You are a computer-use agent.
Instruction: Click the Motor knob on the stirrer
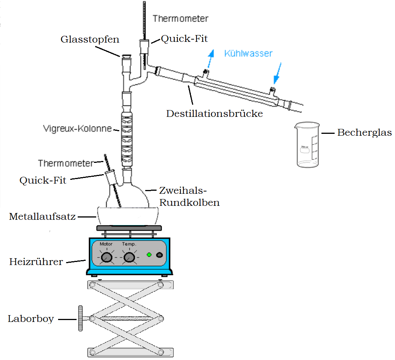(107, 257)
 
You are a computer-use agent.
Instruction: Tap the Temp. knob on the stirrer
(129, 257)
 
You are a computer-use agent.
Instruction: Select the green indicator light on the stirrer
(149, 255)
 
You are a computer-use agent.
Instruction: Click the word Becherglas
(364, 133)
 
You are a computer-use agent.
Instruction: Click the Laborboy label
(31, 319)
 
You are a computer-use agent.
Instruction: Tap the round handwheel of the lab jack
(80, 319)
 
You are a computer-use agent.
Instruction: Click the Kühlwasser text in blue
(248, 54)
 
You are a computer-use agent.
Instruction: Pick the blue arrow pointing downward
(277, 74)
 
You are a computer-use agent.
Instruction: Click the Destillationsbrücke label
(214, 113)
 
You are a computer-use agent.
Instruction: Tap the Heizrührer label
(36, 262)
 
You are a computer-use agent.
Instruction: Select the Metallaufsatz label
(43, 217)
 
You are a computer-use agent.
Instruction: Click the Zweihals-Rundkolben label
(189, 196)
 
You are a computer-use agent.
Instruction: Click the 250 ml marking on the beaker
(304, 147)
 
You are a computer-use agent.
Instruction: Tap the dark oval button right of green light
(160, 255)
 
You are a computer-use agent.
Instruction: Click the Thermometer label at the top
(180, 18)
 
